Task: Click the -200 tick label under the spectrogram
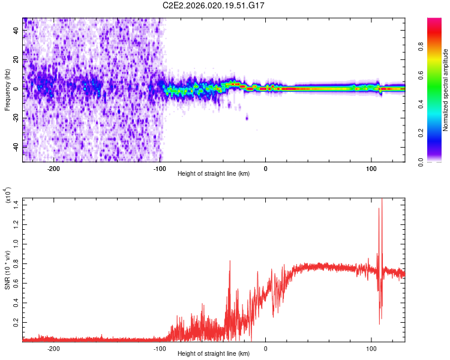[x=54, y=169]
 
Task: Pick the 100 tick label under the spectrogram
[x=371, y=169]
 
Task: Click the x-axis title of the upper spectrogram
[x=214, y=174]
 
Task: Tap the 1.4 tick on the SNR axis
[x=16, y=206]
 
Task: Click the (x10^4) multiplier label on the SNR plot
[x=8, y=196]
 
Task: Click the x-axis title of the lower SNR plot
[x=214, y=354]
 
